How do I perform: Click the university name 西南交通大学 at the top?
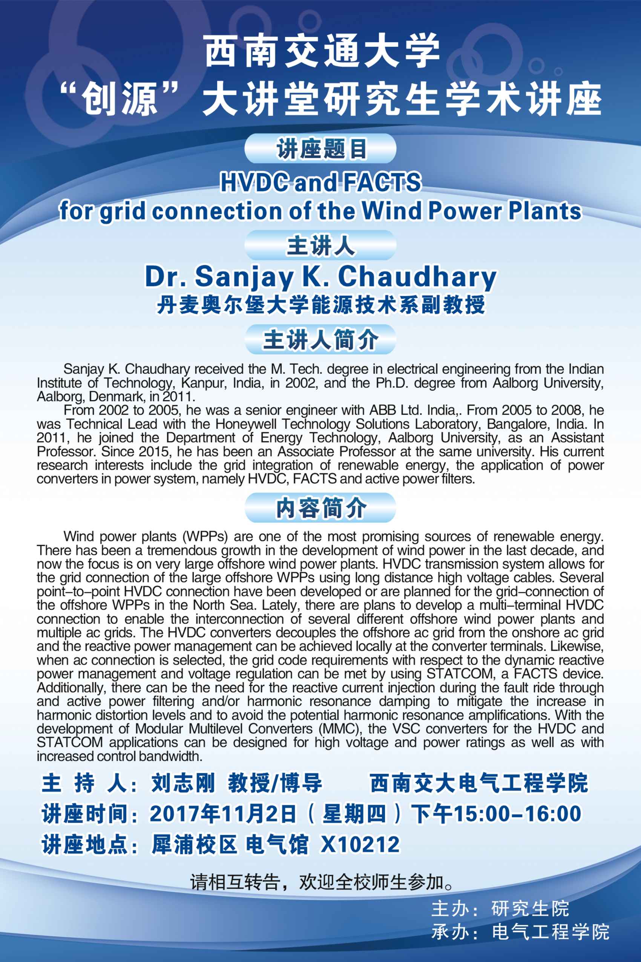[x=322, y=52]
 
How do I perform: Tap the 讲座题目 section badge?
[x=320, y=149]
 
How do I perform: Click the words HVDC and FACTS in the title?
[x=320, y=183]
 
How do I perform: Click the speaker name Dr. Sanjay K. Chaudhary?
[x=320, y=277]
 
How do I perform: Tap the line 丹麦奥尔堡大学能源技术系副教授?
[x=320, y=305]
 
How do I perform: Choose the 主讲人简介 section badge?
[x=320, y=340]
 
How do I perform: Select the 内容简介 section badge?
[x=320, y=508]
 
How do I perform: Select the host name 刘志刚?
[x=183, y=784]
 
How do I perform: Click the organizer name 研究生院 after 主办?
[x=530, y=909]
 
